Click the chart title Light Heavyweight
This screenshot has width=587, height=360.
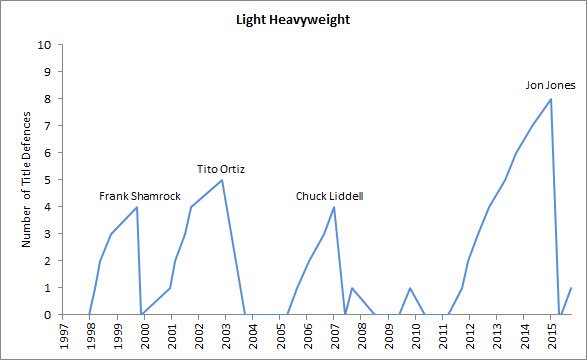pyautogui.click(x=293, y=19)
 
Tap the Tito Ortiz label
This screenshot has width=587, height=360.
pyautogui.click(x=221, y=168)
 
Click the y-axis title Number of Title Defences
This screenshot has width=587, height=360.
pyautogui.click(x=27, y=180)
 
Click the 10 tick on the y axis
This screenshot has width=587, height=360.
pyautogui.click(x=45, y=45)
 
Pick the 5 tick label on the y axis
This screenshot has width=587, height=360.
pyautogui.click(x=48, y=180)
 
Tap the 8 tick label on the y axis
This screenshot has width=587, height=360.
pyautogui.click(x=48, y=99)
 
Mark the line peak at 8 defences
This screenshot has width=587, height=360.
pyautogui.click(x=550, y=99)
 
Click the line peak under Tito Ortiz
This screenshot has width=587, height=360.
pyautogui.click(x=222, y=180)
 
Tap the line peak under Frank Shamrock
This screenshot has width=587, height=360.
pyautogui.click(x=137, y=207)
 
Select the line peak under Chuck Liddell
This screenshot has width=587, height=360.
pyautogui.click(x=333, y=207)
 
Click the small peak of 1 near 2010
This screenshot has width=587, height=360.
pyautogui.click(x=411, y=288)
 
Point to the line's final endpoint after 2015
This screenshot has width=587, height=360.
pyautogui.click(x=571, y=288)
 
